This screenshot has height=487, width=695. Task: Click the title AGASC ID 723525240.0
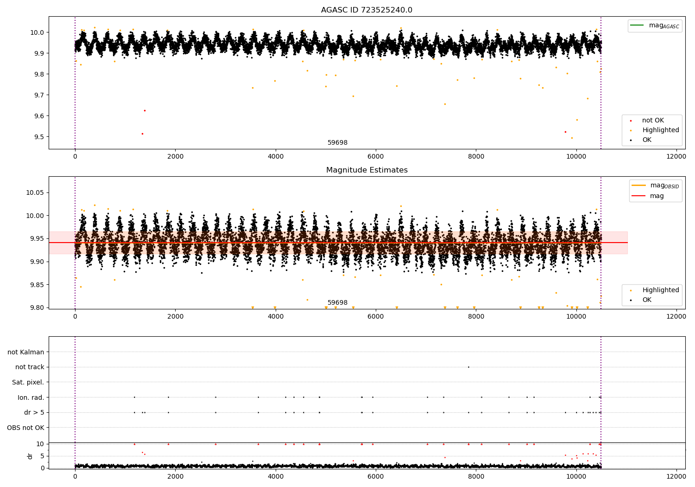point(366,10)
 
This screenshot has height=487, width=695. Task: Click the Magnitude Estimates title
point(366,170)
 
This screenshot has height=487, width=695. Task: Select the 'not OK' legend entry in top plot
point(653,121)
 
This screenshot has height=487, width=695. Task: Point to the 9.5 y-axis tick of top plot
point(38,137)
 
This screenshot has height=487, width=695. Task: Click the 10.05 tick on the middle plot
point(36,193)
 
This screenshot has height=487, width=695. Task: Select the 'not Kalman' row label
point(25,352)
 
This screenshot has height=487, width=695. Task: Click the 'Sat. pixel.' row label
point(28,382)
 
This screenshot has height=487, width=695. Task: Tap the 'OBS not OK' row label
point(25,428)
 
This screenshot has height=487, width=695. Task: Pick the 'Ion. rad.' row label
point(31,397)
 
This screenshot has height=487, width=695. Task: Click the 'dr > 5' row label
point(34,412)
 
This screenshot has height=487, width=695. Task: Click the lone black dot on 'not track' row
point(468,367)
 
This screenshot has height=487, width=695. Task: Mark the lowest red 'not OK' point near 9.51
point(142,134)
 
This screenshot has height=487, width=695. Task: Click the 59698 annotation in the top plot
point(337,143)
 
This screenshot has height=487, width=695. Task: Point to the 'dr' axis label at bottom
point(30,456)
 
